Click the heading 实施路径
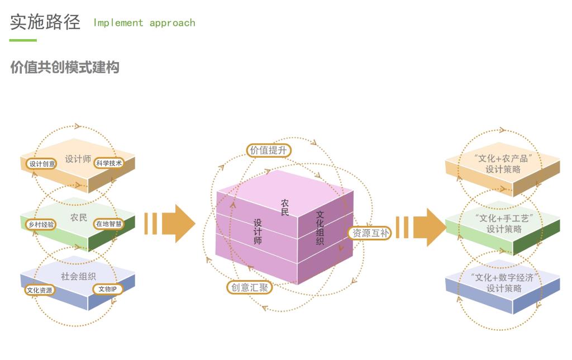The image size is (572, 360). [x=45, y=22]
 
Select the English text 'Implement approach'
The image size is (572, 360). [x=144, y=23]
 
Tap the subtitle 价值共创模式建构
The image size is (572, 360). [x=64, y=68]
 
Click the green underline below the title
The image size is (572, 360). [x=23, y=40]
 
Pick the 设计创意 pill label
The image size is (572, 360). [x=42, y=164]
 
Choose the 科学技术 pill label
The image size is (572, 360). [x=109, y=163]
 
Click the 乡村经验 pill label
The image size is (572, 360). [x=41, y=224]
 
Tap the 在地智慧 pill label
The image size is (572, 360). [x=108, y=224]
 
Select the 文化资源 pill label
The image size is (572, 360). [x=40, y=290]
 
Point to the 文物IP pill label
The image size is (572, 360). [x=108, y=289]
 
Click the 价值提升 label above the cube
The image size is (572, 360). [x=269, y=150]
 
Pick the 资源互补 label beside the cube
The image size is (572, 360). [x=369, y=233]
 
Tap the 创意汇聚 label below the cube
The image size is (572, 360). [x=250, y=288]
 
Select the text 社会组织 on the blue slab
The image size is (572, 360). [x=78, y=276]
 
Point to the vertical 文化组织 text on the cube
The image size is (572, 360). [x=320, y=228]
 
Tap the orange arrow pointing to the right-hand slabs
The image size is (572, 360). [x=421, y=227]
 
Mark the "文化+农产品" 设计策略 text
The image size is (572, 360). [x=503, y=164]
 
